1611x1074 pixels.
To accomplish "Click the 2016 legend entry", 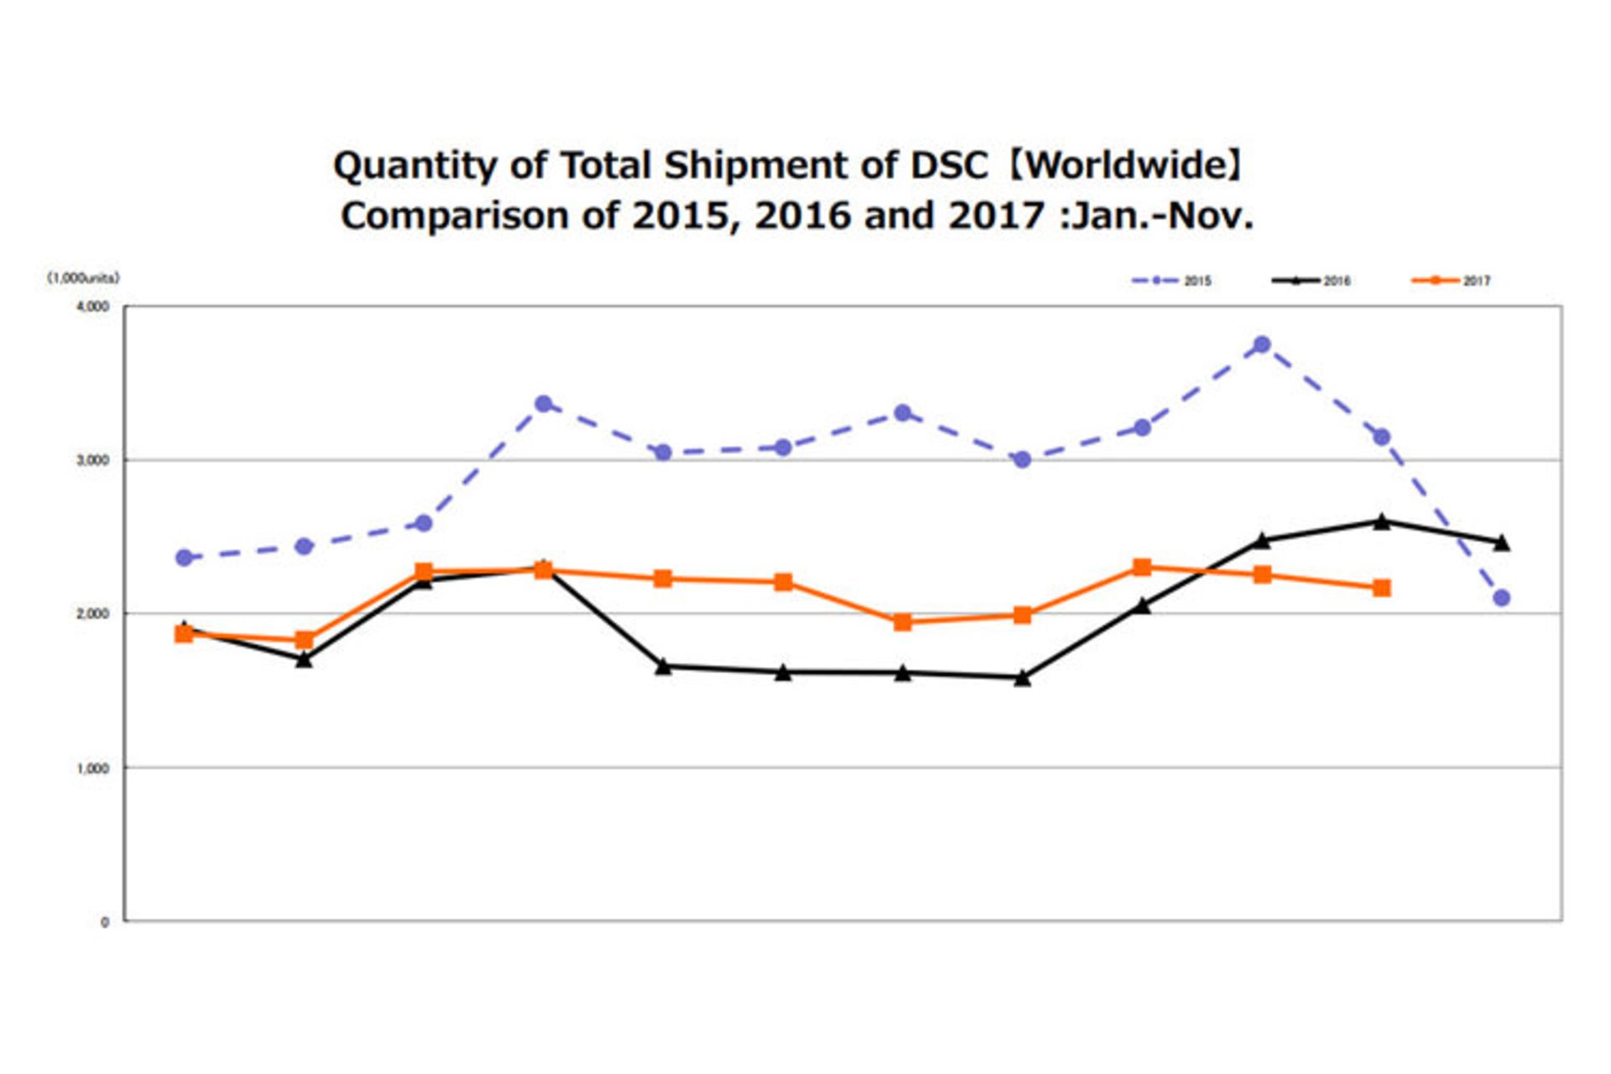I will (1311, 280).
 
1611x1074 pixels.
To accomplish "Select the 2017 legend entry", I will (1452, 280).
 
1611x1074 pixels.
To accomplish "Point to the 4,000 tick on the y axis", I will (93, 307).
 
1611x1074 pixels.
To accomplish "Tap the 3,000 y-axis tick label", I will (93, 461).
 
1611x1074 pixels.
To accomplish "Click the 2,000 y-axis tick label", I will (93, 614).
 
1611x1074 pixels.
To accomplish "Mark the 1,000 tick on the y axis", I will (93, 769).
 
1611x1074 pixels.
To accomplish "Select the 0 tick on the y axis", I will (105, 922).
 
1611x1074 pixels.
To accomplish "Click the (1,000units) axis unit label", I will (83, 278).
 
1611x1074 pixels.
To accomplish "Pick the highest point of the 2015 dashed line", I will (1262, 345).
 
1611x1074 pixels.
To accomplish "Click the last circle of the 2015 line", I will (1502, 598).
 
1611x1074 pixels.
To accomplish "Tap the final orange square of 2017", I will (1382, 588).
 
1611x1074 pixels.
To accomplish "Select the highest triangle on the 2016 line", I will (1382, 522).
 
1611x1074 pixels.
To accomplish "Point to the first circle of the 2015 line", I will (184, 558).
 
